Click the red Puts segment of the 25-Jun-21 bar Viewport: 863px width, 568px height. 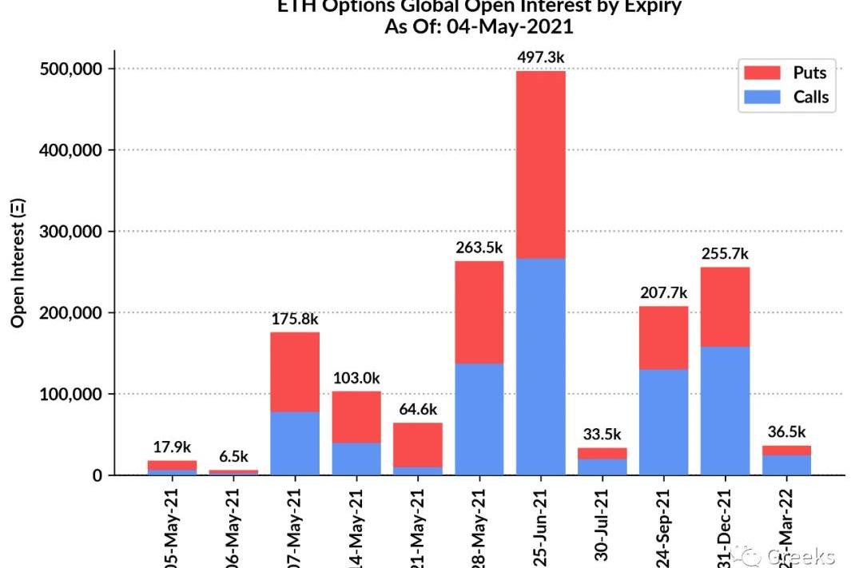(x=540, y=165)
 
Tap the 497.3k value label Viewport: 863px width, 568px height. (x=540, y=57)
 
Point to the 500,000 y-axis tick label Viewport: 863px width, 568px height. (x=71, y=69)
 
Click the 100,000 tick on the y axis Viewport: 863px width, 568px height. (x=71, y=394)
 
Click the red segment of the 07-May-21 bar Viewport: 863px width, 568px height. (x=295, y=371)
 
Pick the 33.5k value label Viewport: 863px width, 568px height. (x=602, y=434)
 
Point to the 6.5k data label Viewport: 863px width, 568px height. (x=234, y=457)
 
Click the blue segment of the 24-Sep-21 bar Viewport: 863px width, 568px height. (x=663, y=421)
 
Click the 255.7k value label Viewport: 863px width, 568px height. (x=725, y=253)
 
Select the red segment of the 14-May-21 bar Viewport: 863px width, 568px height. (x=356, y=416)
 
